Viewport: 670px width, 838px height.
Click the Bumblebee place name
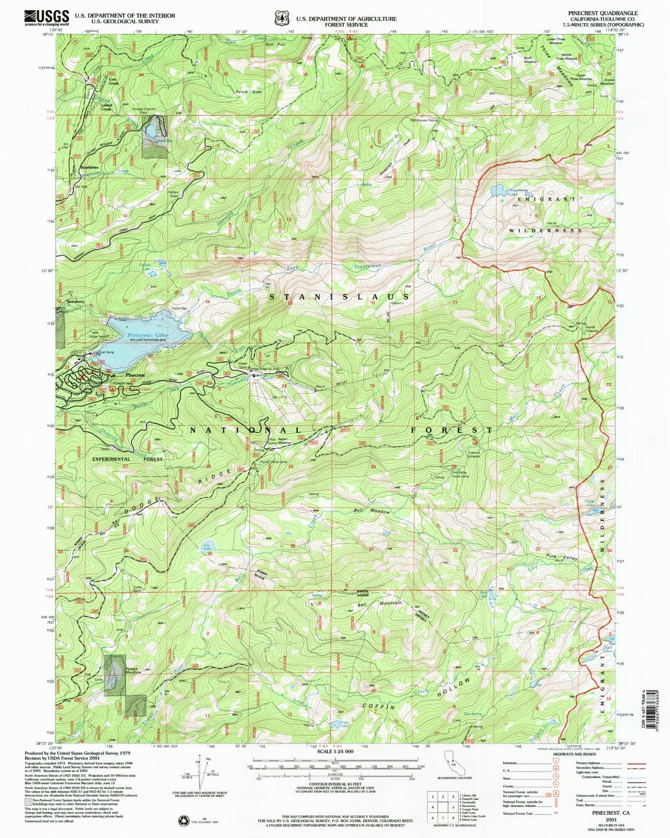(x=91, y=167)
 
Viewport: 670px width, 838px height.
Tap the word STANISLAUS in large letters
(x=339, y=297)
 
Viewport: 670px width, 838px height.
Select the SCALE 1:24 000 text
(x=335, y=752)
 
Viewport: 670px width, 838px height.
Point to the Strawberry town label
(x=75, y=302)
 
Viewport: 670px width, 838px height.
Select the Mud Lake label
(x=482, y=595)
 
